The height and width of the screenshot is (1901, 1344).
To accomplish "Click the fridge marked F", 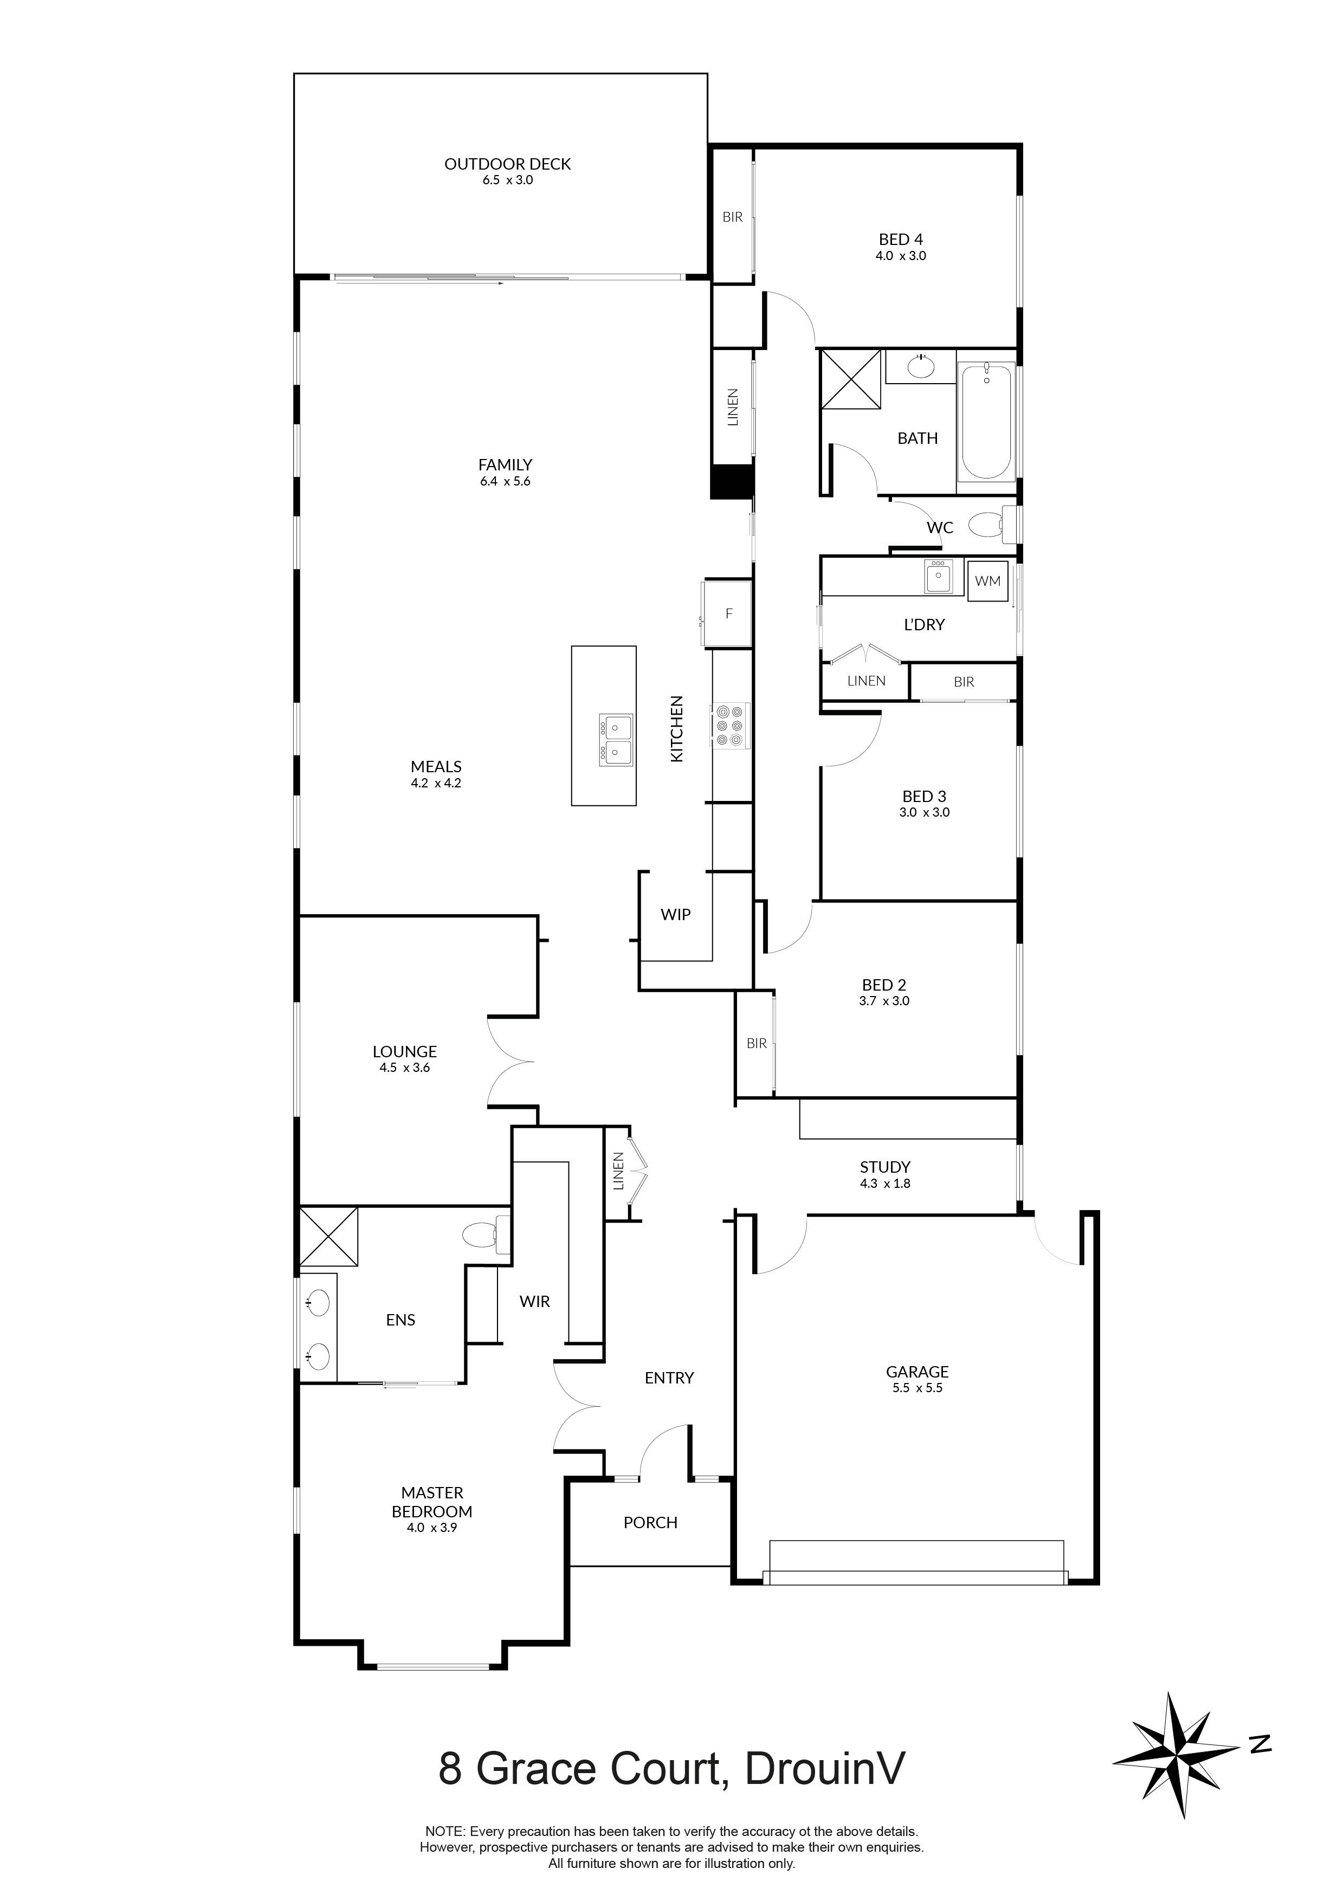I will tap(728, 613).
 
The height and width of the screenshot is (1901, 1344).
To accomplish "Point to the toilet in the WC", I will tap(988, 524).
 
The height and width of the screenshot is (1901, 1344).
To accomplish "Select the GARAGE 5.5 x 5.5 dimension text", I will tap(917, 1388).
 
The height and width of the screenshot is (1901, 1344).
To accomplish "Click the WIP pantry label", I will tap(675, 915).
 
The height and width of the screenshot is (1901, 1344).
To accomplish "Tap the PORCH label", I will tap(650, 1523).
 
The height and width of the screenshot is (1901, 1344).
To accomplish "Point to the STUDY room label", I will tap(884, 1167).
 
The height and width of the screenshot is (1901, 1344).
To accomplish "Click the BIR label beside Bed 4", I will tap(732, 217).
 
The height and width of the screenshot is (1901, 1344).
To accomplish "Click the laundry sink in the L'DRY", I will tap(938, 577).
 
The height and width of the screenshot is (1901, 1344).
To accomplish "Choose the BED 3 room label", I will tap(923, 797).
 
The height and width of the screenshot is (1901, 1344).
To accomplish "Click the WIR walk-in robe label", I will tap(534, 1302).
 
